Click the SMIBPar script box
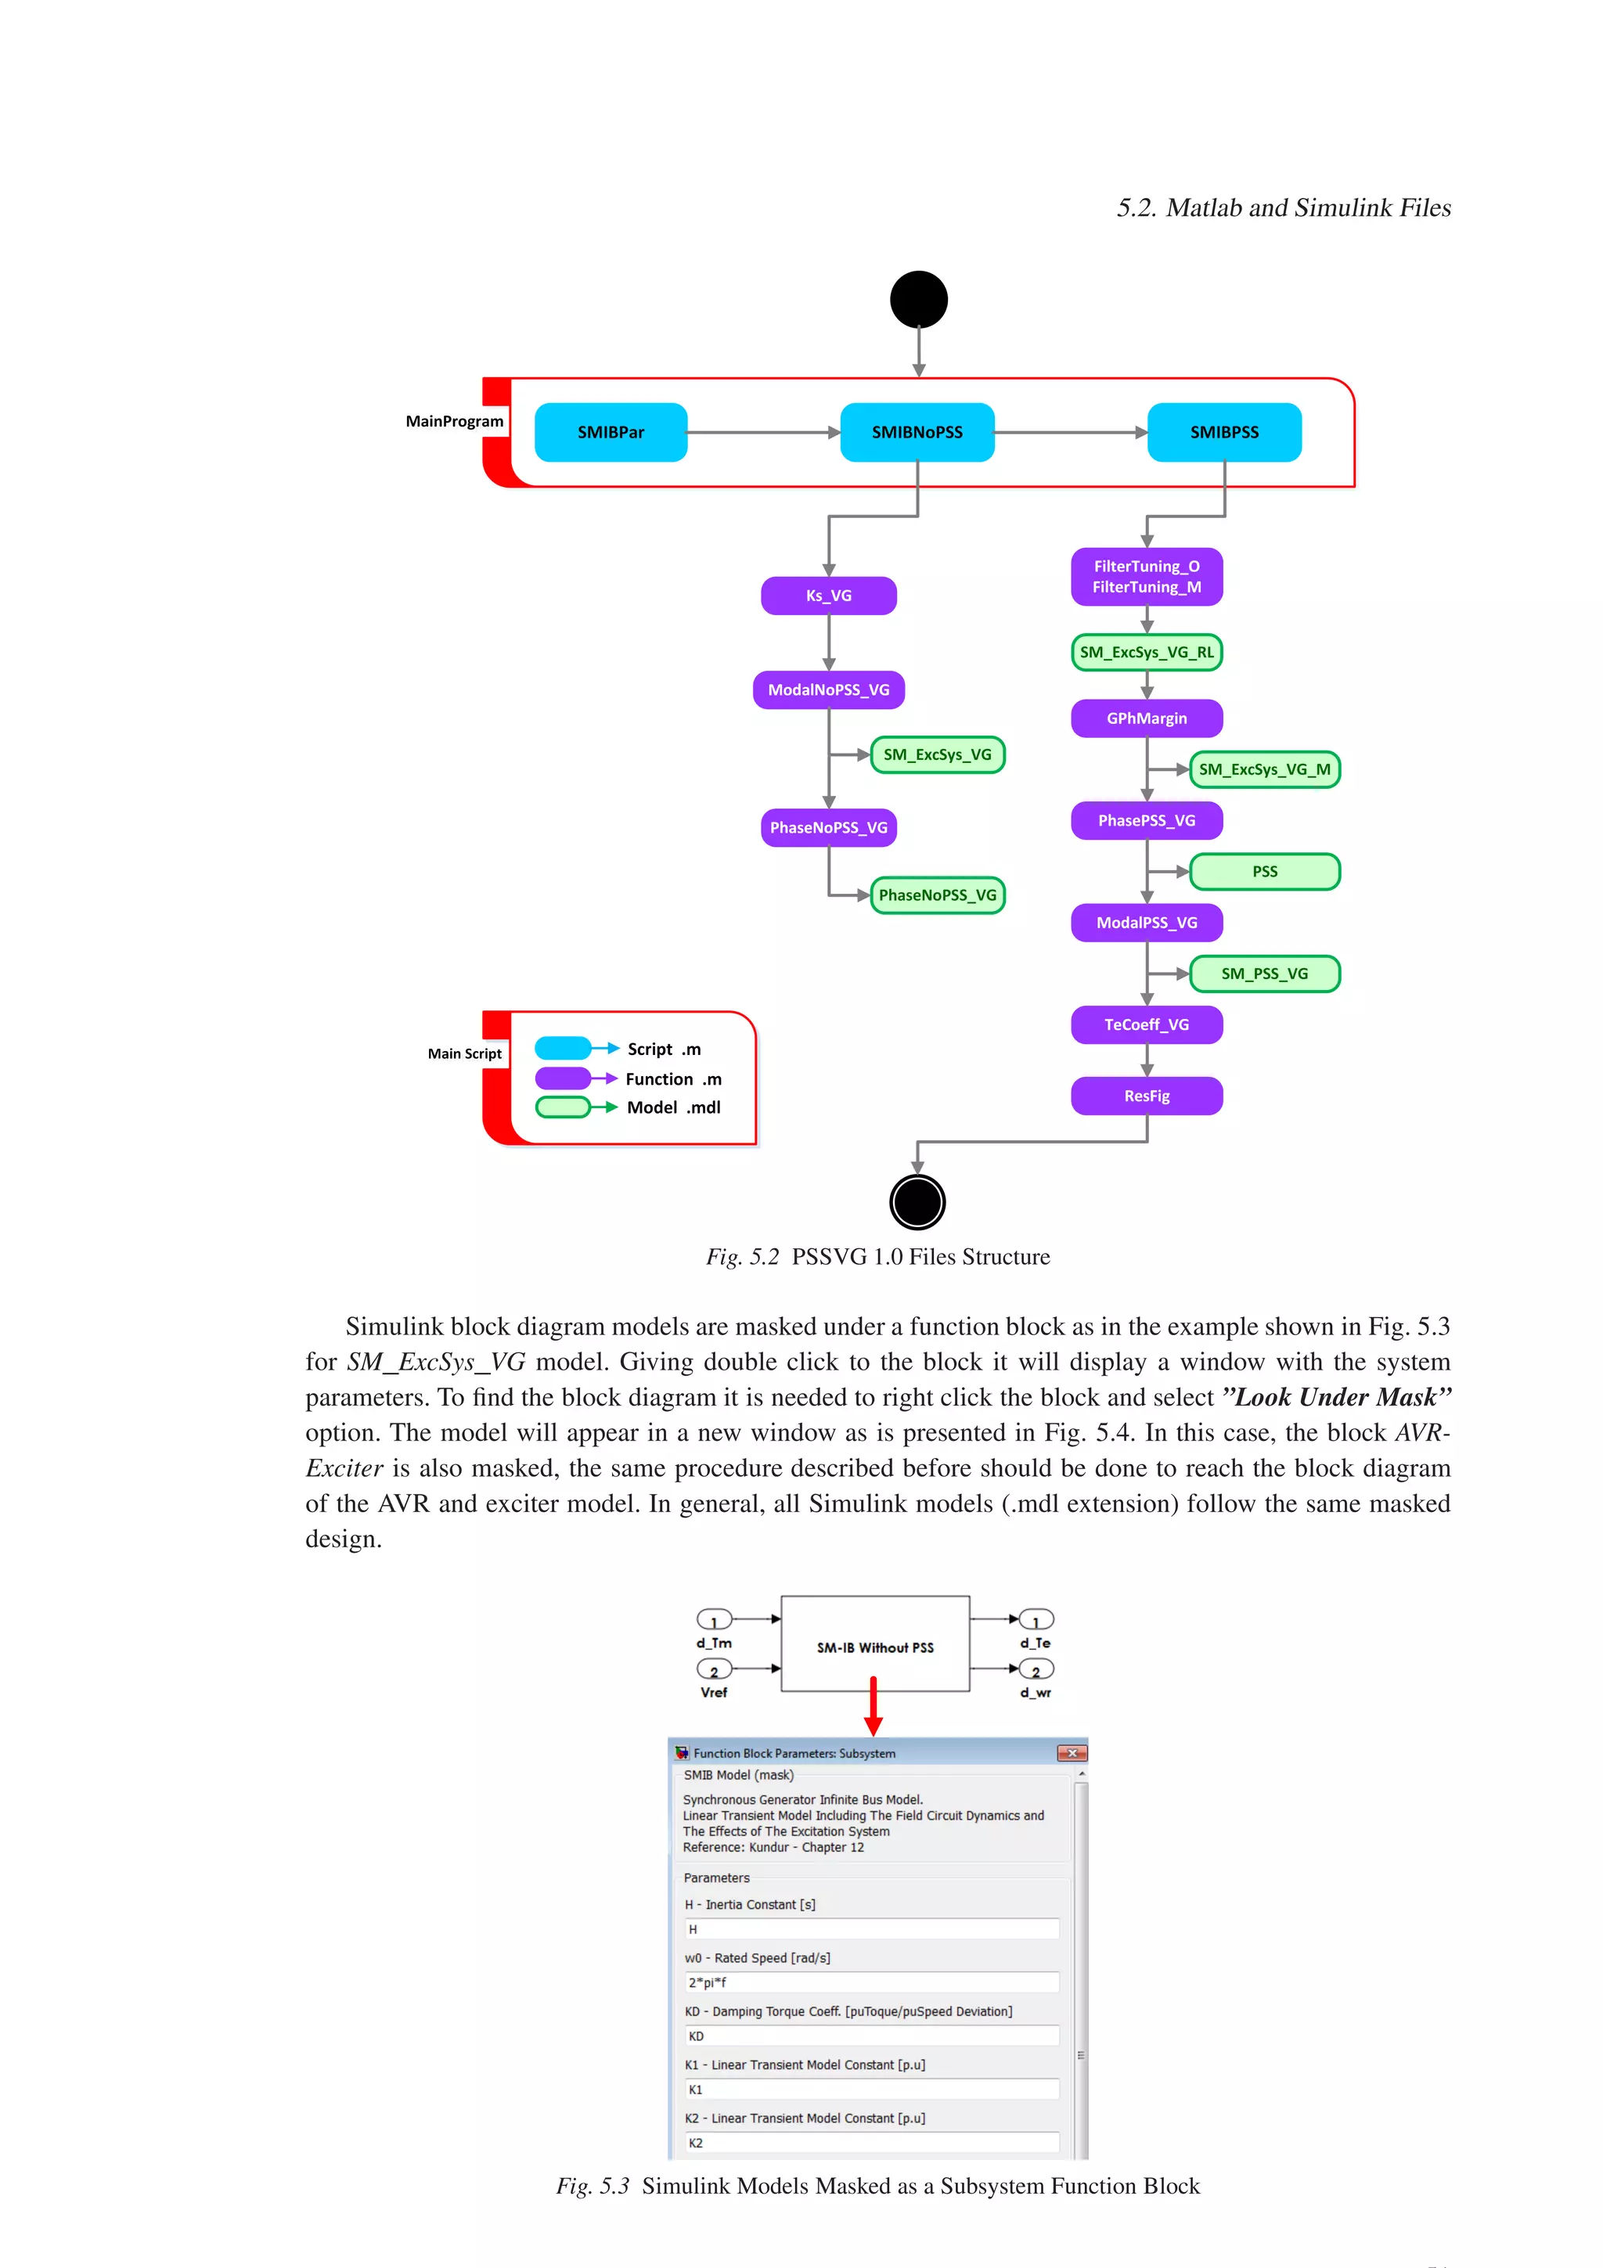click(611, 432)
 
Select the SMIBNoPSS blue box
click(917, 432)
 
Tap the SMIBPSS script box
click(1223, 432)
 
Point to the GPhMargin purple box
click(1147, 718)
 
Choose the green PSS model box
click(1264, 871)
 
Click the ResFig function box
click(1147, 1096)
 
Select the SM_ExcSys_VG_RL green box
click(1147, 652)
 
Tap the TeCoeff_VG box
click(1147, 1024)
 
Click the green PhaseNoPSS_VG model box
click(938, 895)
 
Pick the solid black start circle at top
click(919, 299)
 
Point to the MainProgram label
click(454, 421)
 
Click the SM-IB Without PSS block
click(875, 1647)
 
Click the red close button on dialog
click(1072, 1753)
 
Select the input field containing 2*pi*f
click(872, 1982)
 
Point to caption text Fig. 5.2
click(742, 1257)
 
